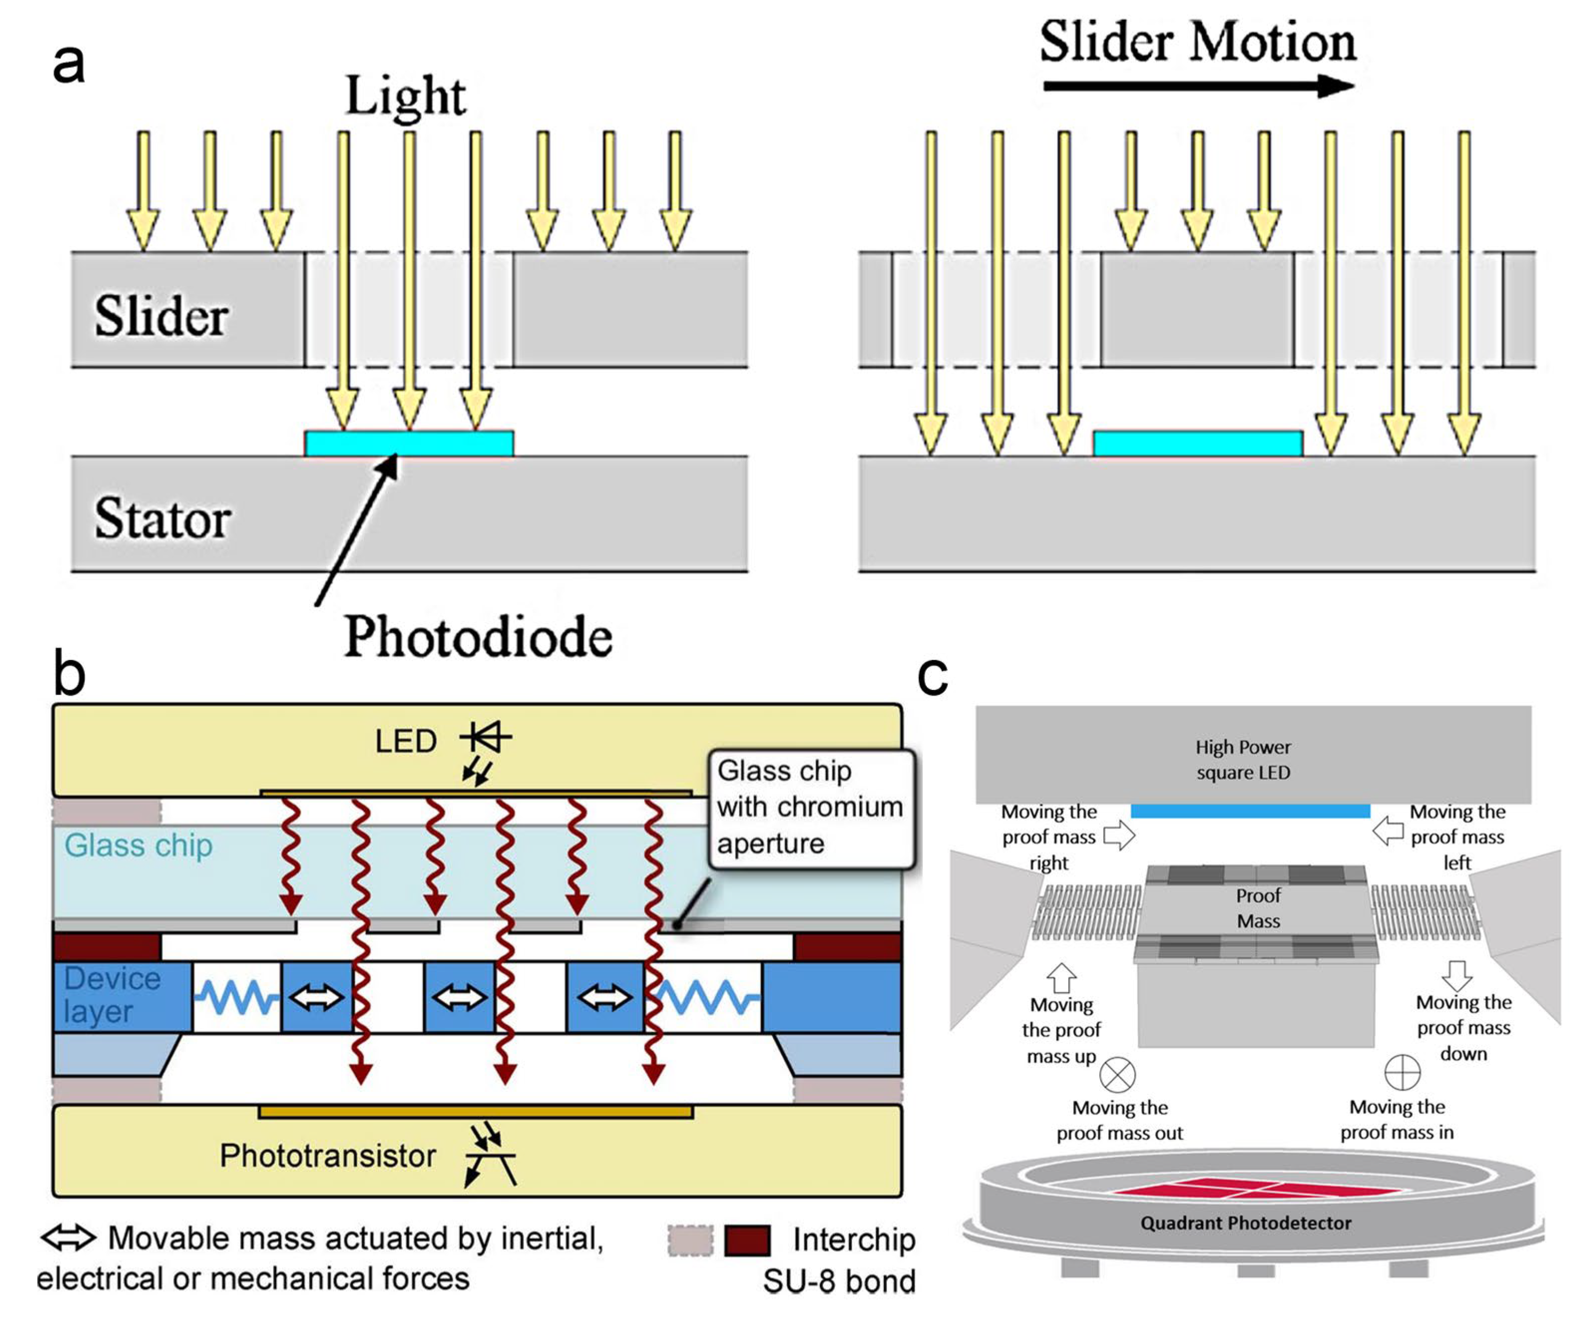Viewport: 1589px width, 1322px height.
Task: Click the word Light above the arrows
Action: pos(405,96)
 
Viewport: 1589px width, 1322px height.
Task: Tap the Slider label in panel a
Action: pos(161,316)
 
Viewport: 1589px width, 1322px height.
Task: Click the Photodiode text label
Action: pos(478,636)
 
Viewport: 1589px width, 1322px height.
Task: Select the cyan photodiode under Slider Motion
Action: pos(1198,443)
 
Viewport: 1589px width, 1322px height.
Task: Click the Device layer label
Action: pos(112,995)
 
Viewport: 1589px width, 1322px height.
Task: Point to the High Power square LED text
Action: pos(1243,760)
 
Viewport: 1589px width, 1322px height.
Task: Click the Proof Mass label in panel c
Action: pos(1257,908)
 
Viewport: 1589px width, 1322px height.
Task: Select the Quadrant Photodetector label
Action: pos(1245,1223)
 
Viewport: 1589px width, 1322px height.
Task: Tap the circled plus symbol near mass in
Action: pos(1401,1072)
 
